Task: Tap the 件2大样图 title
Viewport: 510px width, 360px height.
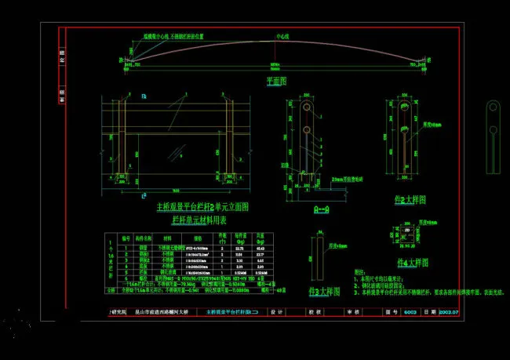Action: (x=411, y=200)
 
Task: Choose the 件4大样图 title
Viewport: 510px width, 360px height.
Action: (x=412, y=264)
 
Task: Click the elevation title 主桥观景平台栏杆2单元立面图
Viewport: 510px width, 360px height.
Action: (x=202, y=208)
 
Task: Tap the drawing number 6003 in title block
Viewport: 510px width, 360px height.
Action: (x=410, y=312)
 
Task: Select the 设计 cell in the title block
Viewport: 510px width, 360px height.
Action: (x=275, y=312)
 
